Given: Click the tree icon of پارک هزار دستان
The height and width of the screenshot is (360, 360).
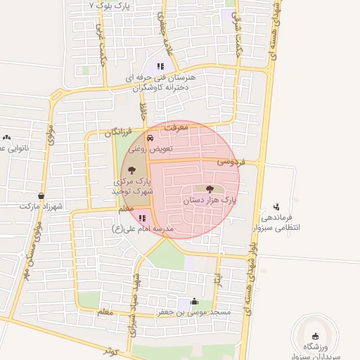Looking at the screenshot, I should tap(209, 188).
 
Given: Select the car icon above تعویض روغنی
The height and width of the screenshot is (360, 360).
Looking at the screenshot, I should tap(150, 138).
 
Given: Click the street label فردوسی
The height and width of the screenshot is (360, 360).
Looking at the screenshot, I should tap(230, 162).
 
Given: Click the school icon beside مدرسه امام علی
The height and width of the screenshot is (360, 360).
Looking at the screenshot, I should tap(142, 218).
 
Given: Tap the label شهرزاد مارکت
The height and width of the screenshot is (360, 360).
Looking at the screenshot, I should tap(41, 206).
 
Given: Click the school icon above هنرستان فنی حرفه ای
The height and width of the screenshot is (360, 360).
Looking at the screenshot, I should tap(160, 66).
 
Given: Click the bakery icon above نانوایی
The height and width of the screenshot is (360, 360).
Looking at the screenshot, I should tap(6, 138).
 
